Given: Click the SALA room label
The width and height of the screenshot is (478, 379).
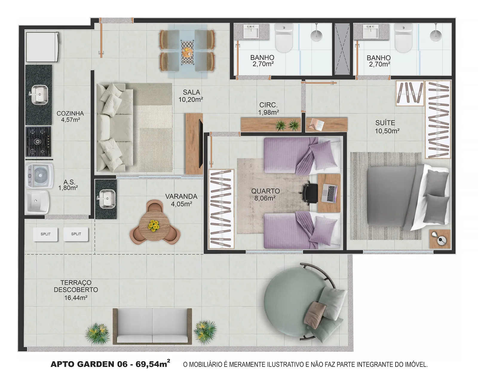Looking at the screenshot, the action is point(191,92).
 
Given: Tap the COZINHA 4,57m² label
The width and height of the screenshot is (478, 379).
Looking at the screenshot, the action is point(70,116).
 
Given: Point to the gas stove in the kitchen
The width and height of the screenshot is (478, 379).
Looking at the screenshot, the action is point(38,142).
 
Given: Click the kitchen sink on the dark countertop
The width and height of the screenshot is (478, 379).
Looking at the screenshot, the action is point(39,95).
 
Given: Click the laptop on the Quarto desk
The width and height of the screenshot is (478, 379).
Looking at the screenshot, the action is point(330,193).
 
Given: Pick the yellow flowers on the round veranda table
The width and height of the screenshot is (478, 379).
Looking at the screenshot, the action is point(154,225).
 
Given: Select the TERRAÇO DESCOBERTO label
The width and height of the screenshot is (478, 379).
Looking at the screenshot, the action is point(76,286).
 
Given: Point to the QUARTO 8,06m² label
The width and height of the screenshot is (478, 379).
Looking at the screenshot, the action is point(265,195).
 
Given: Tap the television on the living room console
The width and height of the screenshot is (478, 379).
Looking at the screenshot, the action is point(200,143).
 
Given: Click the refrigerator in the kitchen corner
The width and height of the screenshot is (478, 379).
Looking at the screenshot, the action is point(42,47).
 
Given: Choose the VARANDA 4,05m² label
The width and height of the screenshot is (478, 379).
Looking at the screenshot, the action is point(181,200).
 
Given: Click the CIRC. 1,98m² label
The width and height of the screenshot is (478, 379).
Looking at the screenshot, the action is point(268,109).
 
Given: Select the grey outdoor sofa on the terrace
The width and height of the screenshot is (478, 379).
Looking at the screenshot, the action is point(152,326).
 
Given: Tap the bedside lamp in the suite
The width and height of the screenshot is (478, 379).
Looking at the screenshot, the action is point(439,238).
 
